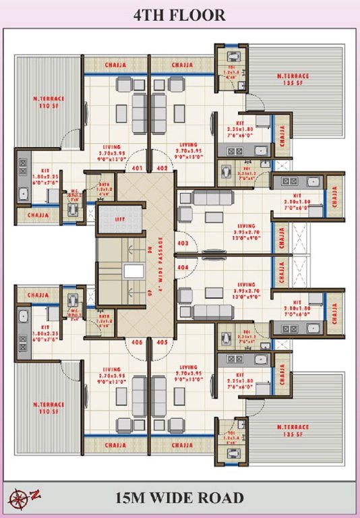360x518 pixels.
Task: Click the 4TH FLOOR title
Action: [x=179, y=16]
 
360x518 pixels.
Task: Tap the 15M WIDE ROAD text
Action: [x=179, y=498]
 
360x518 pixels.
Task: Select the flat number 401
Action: [x=136, y=168]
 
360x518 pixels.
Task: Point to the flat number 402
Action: [x=162, y=168]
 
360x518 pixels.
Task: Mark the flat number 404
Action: [x=182, y=268]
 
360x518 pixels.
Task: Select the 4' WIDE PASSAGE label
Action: [x=160, y=264]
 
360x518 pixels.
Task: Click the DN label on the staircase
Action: [x=149, y=248]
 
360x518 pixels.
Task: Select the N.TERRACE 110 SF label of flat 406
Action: [x=49, y=409]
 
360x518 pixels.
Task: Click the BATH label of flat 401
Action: [x=104, y=187]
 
